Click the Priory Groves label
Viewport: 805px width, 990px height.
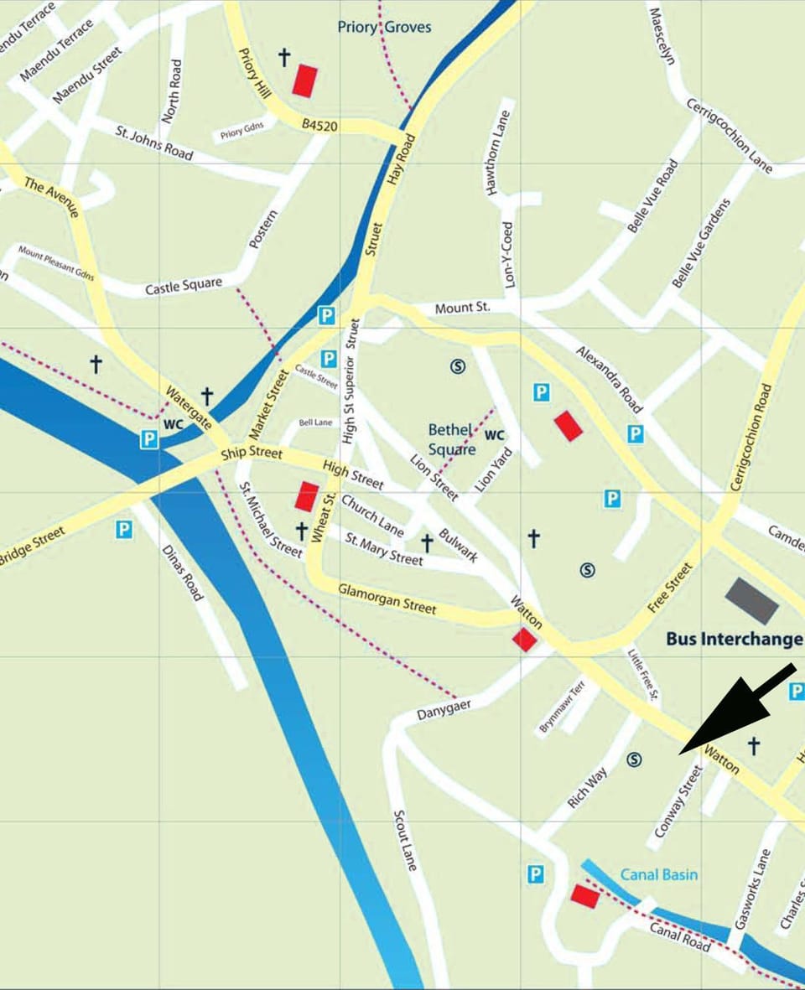point(384,27)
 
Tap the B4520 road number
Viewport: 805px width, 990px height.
point(319,126)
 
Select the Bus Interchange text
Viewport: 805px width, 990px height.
point(734,640)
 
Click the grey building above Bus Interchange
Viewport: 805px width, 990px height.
point(752,599)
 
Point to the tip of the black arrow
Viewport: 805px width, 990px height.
point(681,752)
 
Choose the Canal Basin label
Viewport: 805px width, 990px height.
point(659,874)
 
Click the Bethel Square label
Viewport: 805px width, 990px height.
point(452,439)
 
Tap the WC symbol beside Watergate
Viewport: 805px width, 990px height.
point(173,424)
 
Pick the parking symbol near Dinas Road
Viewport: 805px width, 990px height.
point(124,529)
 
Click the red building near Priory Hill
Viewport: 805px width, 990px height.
point(304,80)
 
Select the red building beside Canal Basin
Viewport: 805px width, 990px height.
point(585,895)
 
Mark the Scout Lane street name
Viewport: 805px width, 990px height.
point(404,839)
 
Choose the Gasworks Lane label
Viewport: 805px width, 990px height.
point(751,889)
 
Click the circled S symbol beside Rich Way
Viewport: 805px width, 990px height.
point(635,759)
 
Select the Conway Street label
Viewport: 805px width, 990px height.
point(677,801)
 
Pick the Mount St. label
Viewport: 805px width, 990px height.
point(462,308)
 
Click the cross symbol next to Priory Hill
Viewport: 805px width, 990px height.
point(283,57)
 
